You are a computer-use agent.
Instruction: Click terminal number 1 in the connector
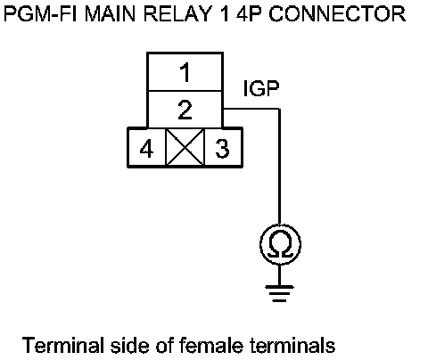click(185, 72)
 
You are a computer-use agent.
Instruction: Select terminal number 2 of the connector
click(185, 110)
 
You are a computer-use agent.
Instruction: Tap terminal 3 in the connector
click(223, 148)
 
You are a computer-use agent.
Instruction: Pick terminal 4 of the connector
click(146, 148)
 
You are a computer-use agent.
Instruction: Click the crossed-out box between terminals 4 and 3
click(185, 148)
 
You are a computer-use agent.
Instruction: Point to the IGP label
click(261, 88)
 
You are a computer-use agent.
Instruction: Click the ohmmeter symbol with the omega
click(280, 244)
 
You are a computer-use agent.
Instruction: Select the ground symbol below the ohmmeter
click(279, 293)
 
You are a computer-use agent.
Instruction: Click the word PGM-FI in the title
click(40, 13)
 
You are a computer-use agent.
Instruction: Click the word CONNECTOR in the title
click(337, 13)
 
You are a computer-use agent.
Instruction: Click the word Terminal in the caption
click(62, 346)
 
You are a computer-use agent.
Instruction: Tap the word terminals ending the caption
click(292, 346)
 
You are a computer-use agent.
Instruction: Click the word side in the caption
click(129, 346)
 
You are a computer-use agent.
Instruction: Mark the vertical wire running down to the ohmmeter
click(279, 167)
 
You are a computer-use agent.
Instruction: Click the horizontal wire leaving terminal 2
click(251, 109)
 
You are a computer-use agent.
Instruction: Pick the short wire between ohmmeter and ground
click(279, 275)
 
